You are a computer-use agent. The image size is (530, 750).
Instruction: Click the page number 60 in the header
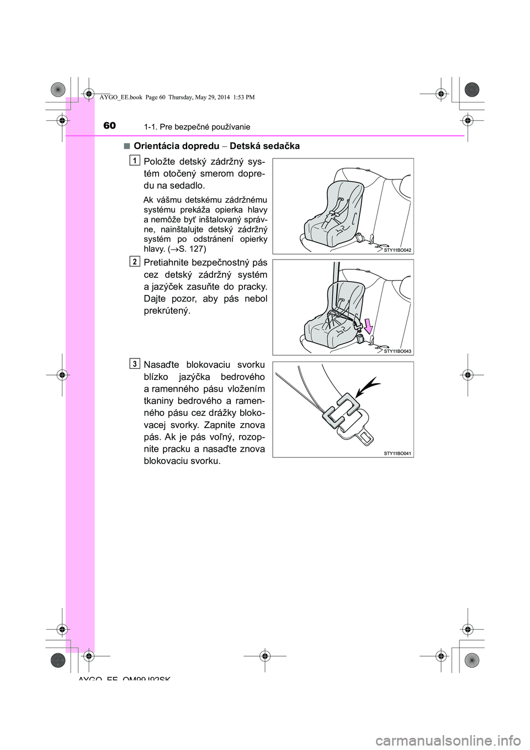tap(110, 126)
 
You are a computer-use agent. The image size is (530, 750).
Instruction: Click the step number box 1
tap(135, 160)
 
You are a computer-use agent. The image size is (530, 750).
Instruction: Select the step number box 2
tap(135, 261)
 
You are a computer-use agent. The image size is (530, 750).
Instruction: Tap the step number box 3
tap(135, 363)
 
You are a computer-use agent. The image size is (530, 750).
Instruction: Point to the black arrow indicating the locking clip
tap(368, 387)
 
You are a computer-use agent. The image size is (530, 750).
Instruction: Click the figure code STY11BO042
tap(398, 250)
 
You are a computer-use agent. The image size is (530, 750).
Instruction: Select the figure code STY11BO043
tap(398, 351)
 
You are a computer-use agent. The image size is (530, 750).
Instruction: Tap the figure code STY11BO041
tap(398, 453)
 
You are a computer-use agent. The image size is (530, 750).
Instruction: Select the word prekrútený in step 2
tap(166, 311)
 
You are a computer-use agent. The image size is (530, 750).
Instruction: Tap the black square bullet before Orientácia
tap(126, 146)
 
